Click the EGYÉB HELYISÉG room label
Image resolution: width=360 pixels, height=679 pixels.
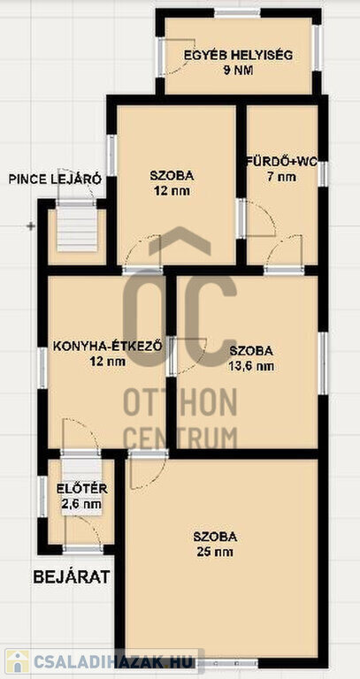[238, 56]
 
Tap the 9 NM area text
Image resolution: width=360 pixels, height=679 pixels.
[238, 71]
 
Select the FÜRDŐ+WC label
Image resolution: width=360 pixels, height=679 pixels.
[281, 163]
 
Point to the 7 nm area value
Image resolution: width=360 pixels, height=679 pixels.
[281, 177]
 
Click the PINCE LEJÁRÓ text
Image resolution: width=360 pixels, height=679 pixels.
[55, 179]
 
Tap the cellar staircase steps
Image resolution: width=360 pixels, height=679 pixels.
[77, 229]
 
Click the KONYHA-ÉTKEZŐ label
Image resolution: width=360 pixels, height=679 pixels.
[108, 347]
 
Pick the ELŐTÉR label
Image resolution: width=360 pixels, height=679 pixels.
[82, 489]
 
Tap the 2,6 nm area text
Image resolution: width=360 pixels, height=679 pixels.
[82, 504]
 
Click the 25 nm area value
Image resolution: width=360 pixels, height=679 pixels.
[215, 552]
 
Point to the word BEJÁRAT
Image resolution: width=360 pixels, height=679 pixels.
[72, 576]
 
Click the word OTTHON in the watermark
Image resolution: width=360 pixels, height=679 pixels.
[180, 403]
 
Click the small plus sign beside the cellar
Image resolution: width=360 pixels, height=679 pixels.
[31, 226]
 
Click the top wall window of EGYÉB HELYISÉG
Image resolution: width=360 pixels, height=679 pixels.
[237, 13]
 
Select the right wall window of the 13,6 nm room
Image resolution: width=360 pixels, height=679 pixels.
[323, 362]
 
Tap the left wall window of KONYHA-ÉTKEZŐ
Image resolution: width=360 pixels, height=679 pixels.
[42, 368]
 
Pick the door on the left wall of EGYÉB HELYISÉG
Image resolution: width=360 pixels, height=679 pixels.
[161, 57]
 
